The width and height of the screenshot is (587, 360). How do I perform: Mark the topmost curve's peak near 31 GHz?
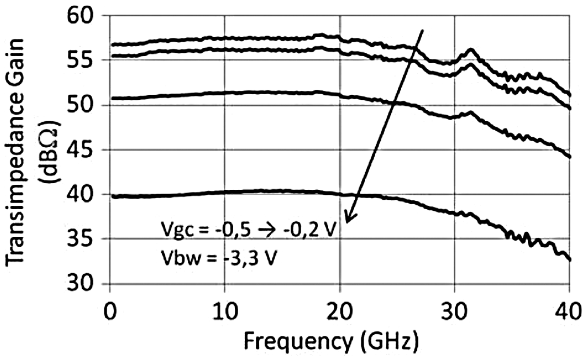tap(471, 50)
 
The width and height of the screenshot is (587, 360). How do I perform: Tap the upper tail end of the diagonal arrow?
tap(422, 30)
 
